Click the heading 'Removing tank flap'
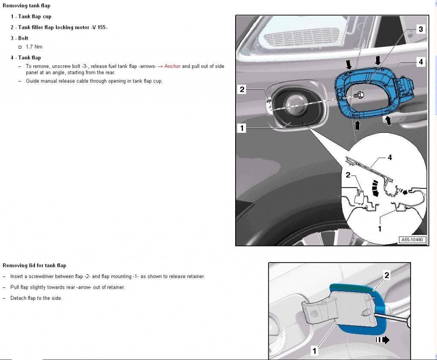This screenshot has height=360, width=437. [26, 6]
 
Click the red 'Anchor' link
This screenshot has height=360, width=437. [172, 66]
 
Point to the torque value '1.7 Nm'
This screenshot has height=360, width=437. [34, 47]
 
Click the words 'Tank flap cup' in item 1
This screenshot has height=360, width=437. [35, 17]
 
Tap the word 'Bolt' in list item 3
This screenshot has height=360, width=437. [23, 38]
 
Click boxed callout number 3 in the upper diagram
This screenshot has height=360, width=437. [420, 29]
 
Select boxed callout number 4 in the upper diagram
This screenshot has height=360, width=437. [420, 62]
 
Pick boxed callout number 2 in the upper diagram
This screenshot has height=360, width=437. [242, 89]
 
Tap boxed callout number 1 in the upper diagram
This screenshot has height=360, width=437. [242, 128]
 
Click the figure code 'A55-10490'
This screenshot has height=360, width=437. [412, 240]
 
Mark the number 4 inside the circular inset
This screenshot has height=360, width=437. [389, 158]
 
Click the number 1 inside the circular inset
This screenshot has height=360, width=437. [380, 229]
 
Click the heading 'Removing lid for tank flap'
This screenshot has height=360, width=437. [35, 265]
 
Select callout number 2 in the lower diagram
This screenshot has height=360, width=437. [387, 275]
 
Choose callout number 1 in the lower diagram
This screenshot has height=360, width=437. [315, 351]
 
